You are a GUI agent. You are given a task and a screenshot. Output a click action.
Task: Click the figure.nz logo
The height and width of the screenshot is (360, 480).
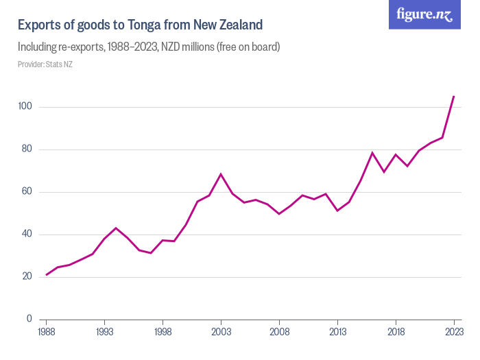pos(424,14)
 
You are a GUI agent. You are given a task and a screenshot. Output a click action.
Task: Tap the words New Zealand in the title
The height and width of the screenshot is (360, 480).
pos(230,25)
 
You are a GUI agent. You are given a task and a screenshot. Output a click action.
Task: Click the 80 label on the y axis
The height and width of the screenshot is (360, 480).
pos(27,149)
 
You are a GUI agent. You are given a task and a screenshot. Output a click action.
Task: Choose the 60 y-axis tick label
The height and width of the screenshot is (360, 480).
pos(27,192)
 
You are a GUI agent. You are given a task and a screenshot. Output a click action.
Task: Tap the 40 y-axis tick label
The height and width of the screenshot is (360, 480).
pos(27,235)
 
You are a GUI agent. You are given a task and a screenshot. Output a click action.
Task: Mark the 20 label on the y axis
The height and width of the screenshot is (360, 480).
pos(27,277)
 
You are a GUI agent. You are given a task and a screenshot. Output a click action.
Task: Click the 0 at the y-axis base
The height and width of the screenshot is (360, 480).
pos(29,319)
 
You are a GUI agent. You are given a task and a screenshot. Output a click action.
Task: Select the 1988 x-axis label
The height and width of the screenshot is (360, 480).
pos(46,332)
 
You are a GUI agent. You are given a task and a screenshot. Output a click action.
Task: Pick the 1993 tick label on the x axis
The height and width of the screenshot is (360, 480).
pos(104,332)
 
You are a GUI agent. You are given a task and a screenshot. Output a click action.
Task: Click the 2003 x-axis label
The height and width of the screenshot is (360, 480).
pos(221,332)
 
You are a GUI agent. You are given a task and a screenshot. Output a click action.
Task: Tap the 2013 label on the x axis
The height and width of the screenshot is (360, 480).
pos(337,332)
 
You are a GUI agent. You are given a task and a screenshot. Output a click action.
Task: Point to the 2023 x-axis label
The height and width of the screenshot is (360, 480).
pos(454,332)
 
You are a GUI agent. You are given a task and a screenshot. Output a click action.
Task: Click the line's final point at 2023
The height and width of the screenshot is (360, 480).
pos(454,97)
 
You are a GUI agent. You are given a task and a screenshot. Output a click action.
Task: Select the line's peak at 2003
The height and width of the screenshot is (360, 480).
pos(221,174)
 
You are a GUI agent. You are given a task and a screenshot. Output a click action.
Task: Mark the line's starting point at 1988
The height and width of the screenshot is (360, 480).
pos(46,275)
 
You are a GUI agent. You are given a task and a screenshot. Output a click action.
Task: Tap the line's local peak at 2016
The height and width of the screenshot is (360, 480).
pos(372,153)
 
